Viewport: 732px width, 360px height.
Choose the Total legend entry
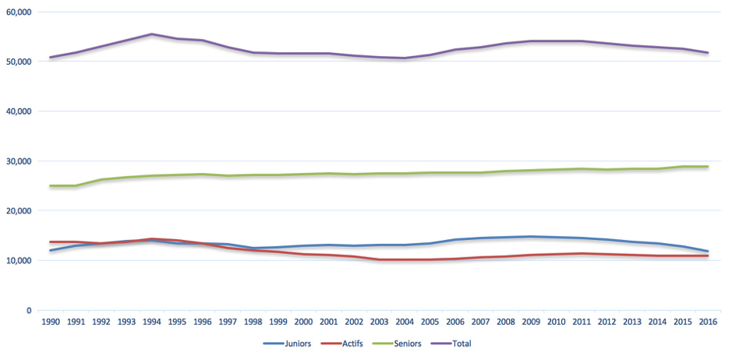(x=454, y=343)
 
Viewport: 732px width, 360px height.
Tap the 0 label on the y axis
(x=28, y=310)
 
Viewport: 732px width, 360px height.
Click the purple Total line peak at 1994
(x=152, y=34)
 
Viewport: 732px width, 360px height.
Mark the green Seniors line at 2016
(x=707, y=167)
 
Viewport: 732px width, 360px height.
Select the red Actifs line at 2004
(x=405, y=259)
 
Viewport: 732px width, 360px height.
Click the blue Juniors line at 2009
(x=531, y=237)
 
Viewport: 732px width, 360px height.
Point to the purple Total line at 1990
(x=51, y=58)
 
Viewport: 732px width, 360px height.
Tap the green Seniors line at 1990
(x=51, y=186)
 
